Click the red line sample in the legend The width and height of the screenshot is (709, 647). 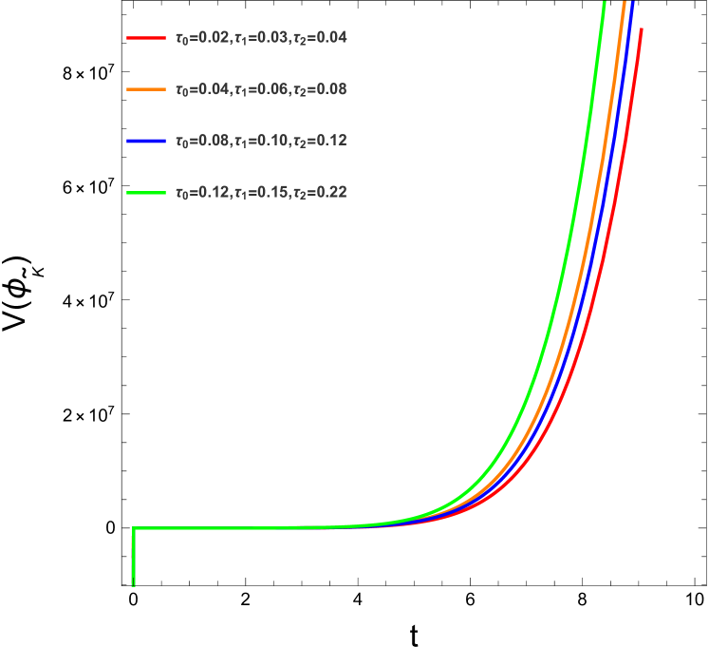click(146, 38)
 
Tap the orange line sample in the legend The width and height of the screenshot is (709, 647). click(146, 89)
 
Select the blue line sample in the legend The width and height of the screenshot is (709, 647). click(146, 141)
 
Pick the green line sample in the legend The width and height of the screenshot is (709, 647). click(146, 193)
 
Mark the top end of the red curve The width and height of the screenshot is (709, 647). click(642, 29)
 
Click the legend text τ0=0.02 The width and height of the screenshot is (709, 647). click(202, 38)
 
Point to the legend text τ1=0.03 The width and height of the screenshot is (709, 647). click(260, 38)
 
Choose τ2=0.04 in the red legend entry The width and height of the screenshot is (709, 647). click(319, 38)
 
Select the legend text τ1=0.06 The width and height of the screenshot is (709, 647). click(260, 89)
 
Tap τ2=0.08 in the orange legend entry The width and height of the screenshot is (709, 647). click(319, 89)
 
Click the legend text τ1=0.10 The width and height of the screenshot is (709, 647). click(260, 141)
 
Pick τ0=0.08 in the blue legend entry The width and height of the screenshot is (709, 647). click(202, 141)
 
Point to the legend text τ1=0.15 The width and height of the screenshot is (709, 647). click(260, 193)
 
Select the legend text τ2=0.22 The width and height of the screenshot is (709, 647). click(319, 193)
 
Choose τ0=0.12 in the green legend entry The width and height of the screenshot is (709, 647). click(202, 193)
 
